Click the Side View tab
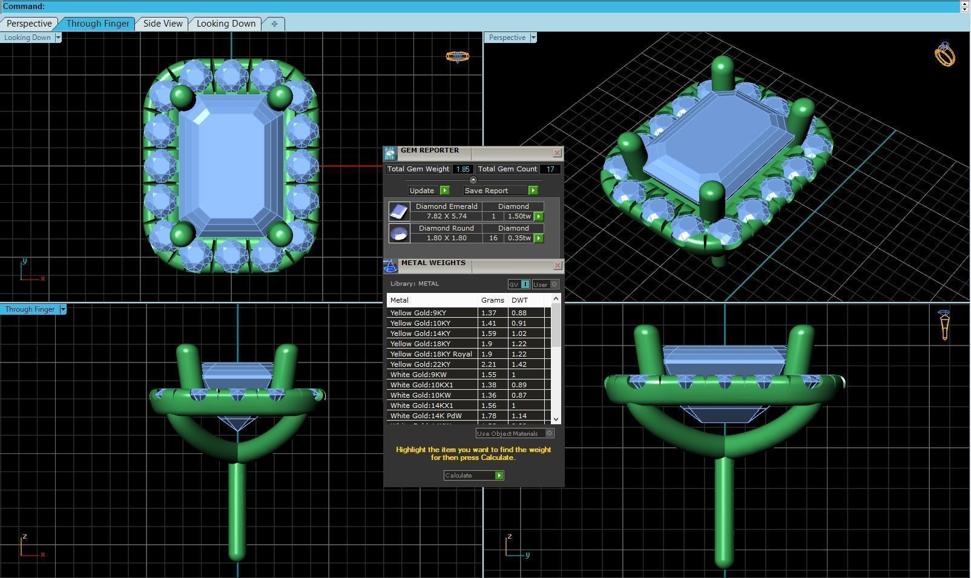(162, 24)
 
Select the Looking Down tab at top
(226, 24)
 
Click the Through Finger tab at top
(97, 24)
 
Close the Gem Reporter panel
(557, 153)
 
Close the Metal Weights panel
(557, 266)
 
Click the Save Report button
(500, 191)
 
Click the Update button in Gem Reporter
(428, 191)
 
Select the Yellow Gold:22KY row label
(420, 364)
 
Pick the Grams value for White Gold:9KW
(488, 375)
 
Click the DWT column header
(519, 300)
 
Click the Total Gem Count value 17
(550, 169)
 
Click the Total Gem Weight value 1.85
(462, 169)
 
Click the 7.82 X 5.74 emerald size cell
(446, 216)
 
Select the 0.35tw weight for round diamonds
(519, 238)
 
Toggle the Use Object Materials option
(549, 433)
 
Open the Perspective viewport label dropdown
(533, 38)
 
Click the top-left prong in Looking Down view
(181, 96)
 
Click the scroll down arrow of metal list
(556, 419)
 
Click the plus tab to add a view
(274, 24)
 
